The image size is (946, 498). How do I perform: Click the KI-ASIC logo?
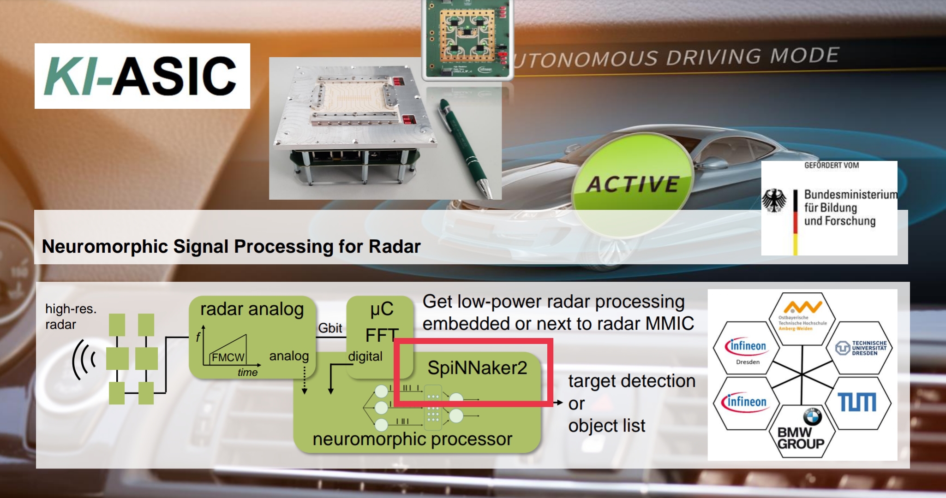(142, 76)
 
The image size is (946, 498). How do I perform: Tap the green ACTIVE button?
(632, 184)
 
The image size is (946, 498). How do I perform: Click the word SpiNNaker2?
(477, 368)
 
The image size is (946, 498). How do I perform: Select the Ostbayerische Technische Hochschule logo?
(802, 316)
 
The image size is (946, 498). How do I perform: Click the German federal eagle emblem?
(774, 201)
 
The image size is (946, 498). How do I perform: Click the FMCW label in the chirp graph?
(228, 357)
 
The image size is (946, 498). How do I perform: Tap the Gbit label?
(330, 328)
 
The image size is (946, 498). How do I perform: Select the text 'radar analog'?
(252, 309)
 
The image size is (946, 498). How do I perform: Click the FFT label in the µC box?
(381, 335)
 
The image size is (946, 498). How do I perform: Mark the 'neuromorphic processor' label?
(412, 439)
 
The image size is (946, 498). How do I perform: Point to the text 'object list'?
(607, 426)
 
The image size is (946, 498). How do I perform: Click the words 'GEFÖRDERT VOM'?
(832, 165)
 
